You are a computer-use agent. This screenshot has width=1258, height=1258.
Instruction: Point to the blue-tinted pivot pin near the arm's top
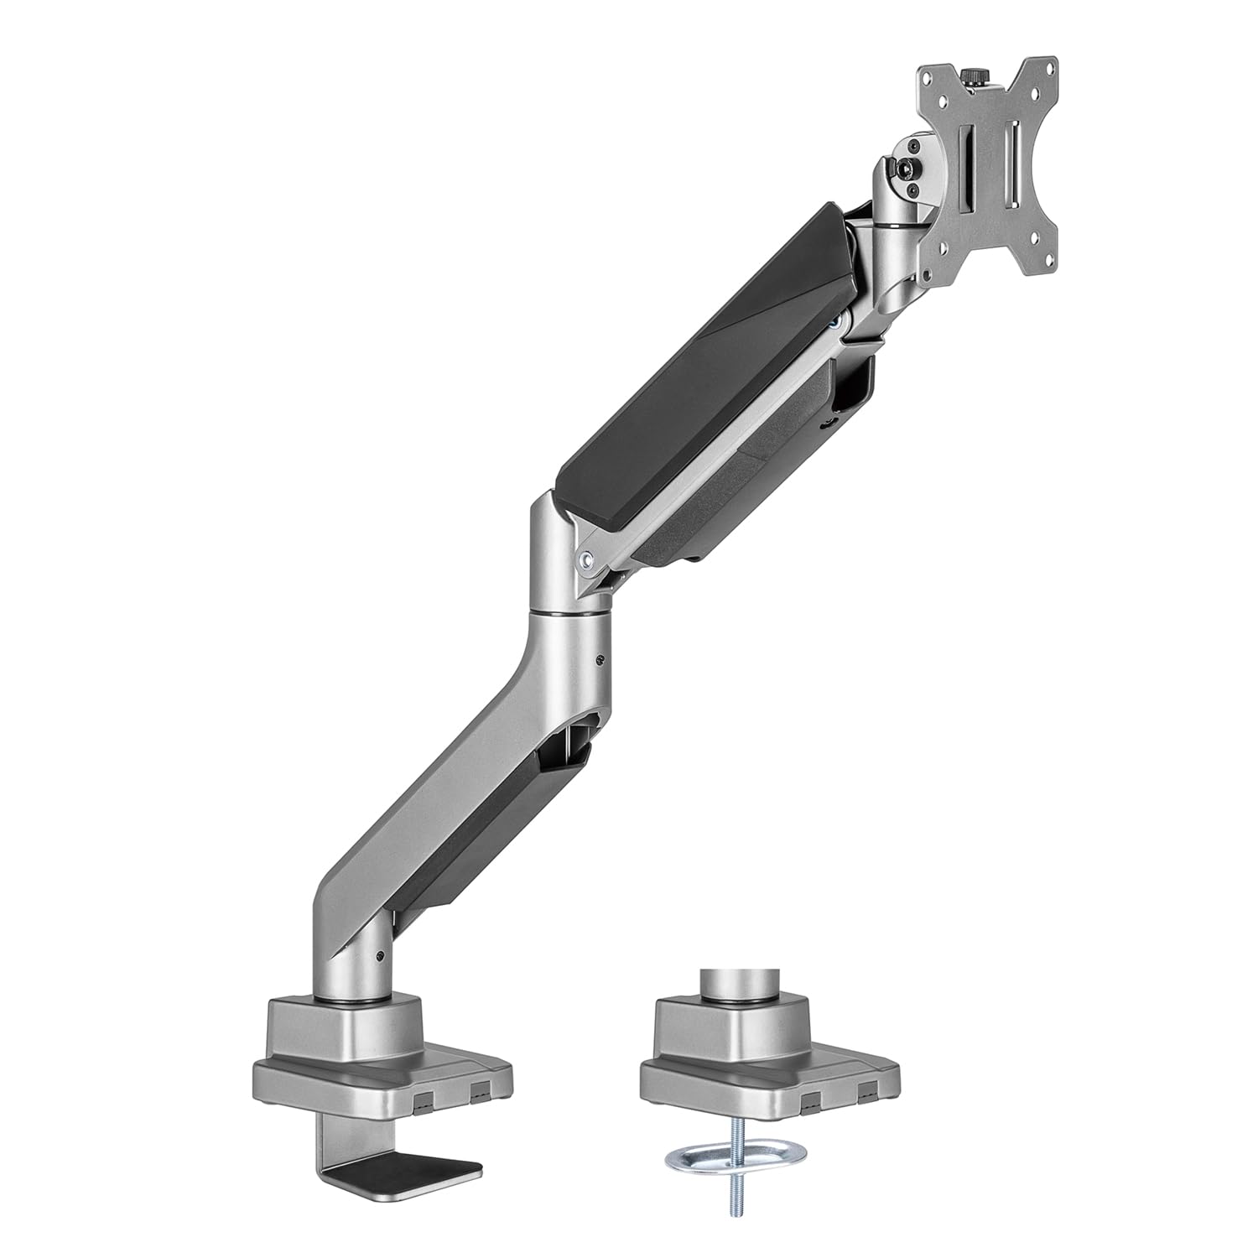click(834, 320)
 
